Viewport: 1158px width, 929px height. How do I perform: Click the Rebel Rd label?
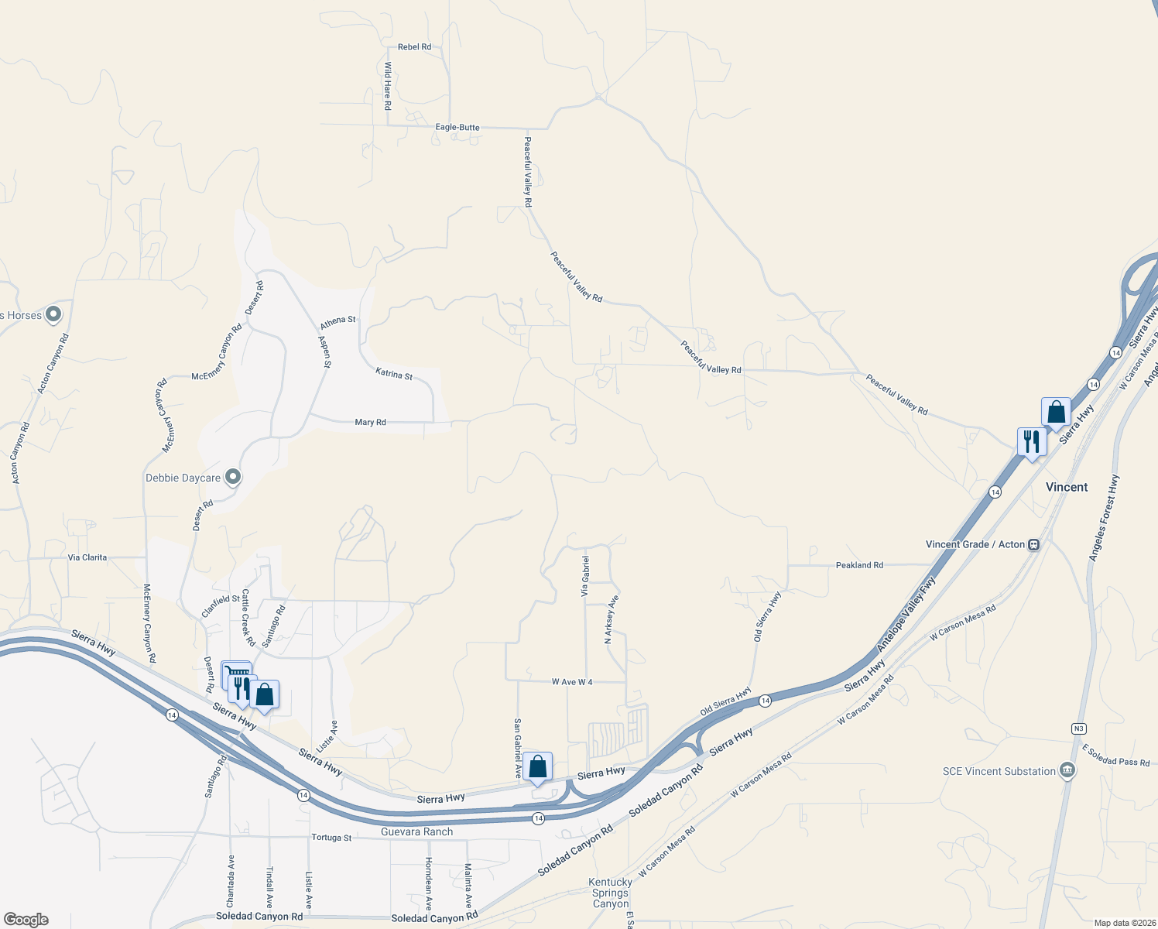click(414, 47)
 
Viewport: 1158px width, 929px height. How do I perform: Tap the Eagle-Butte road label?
click(457, 128)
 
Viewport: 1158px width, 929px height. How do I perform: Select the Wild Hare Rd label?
click(388, 85)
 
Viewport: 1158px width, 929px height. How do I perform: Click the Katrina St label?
click(394, 375)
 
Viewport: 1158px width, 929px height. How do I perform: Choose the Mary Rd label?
click(370, 423)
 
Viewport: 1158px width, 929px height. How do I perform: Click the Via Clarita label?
click(87, 557)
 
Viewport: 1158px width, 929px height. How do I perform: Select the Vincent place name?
click(1067, 487)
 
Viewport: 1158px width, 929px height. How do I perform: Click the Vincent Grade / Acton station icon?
click(1033, 544)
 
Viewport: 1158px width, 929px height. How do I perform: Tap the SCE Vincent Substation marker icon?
click(1067, 770)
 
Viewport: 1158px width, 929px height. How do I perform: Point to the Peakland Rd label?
click(859, 565)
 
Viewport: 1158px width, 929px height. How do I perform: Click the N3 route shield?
click(1078, 728)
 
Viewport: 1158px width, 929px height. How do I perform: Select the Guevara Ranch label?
click(416, 831)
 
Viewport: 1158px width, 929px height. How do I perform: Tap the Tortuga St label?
click(331, 838)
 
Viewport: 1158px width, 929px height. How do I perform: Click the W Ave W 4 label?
click(572, 682)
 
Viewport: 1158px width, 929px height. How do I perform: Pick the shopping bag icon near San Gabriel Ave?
click(537, 766)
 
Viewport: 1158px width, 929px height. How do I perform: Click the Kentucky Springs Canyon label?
click(611, 893)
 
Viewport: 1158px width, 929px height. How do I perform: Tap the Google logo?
click(26, 920)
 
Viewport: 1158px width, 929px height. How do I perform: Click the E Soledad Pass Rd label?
click(1115, 756)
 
